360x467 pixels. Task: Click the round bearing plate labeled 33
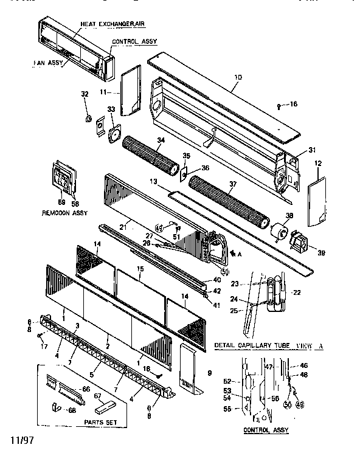click(x=113, y=136)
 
